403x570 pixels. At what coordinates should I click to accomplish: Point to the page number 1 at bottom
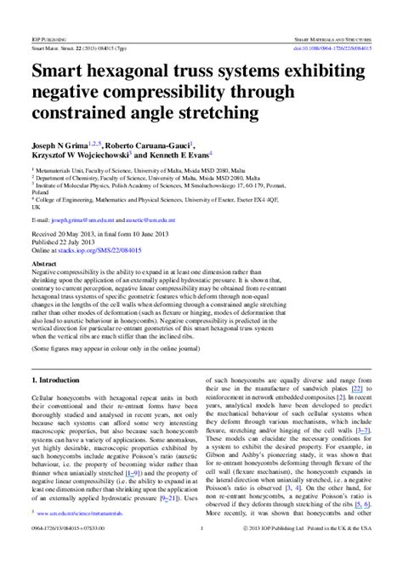(201, 553)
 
